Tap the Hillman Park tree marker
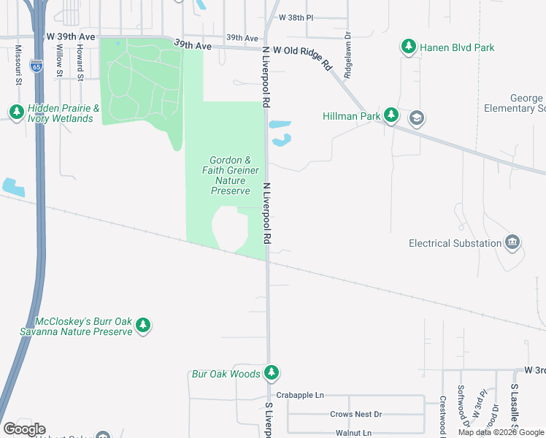(392, 115)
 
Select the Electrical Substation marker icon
(513, 243)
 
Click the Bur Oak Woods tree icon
(272, 374)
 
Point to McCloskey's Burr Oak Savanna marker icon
(144, 326)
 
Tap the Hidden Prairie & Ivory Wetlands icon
(16, 112)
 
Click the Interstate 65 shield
(36, 66)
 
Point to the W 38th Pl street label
(296, 18)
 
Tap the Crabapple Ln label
(300, 395)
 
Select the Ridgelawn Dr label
(348, 55)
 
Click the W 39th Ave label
(71, 36)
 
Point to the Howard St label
(79, 62)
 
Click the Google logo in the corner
(24, 429)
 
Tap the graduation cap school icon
(416, 117)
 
